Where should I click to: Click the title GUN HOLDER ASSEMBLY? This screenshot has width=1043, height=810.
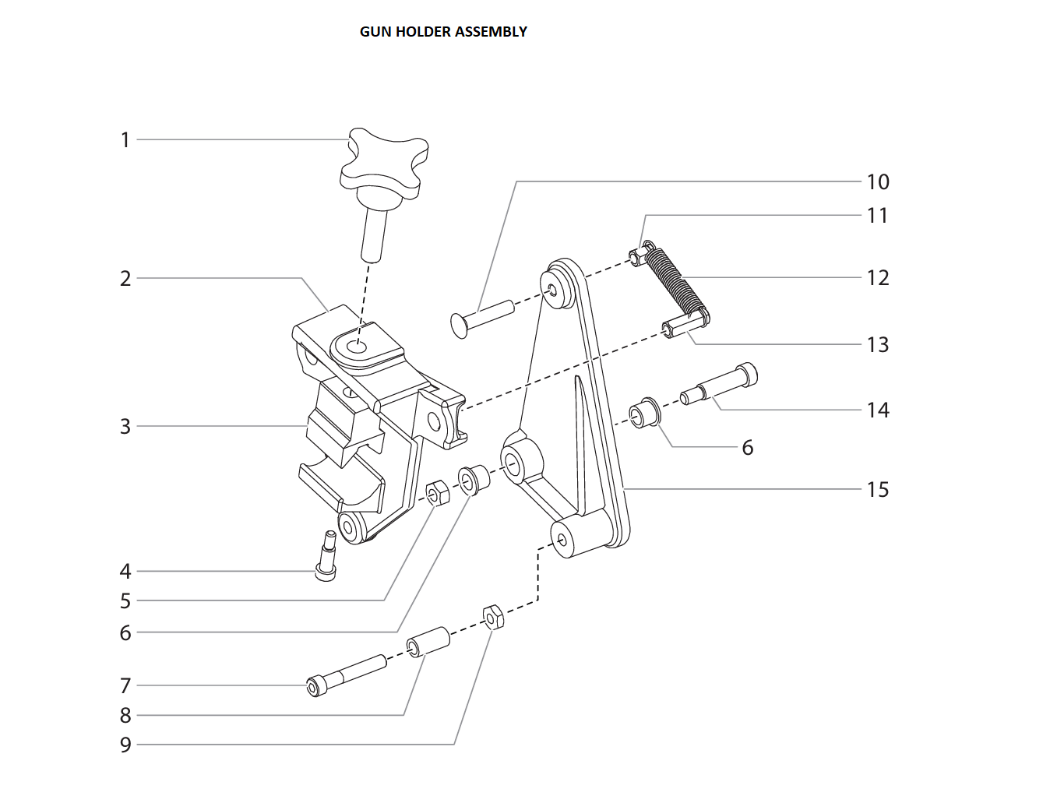443,32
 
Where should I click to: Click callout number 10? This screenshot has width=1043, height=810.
877,182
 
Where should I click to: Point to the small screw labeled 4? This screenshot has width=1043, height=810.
326,556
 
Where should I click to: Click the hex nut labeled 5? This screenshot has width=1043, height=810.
437,493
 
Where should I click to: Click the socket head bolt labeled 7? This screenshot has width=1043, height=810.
347,674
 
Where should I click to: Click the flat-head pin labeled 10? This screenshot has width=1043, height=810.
481,315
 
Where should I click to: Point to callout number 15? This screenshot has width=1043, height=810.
877,490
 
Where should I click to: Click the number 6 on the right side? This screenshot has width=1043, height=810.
747,448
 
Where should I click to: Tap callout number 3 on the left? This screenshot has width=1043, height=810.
125,427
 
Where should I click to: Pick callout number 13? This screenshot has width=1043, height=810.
877,345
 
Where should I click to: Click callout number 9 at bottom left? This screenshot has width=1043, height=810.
125,745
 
